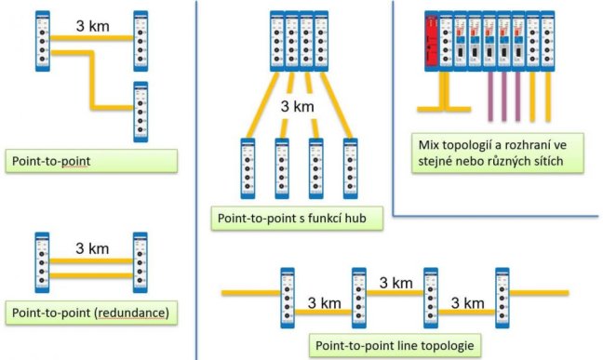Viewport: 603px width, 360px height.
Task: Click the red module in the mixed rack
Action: coord(432,41)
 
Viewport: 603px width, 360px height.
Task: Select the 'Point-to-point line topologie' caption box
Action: coord(395,345)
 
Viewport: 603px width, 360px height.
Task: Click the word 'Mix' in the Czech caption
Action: coord(428,145)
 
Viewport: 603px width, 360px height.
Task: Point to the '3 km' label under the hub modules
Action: coord(297,106)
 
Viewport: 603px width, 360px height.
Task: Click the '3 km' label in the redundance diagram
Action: coord(92,248)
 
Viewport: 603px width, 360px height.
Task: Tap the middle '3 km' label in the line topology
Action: coord(396,283)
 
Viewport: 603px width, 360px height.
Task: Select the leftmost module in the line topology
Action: coord(288,298)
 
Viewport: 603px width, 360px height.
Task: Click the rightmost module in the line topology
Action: coord(502,298)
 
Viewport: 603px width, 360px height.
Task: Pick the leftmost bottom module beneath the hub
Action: coord(248,168)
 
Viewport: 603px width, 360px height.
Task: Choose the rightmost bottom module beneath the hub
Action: coord(350,168)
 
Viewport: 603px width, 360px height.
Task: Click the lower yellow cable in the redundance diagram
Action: coord(91,275)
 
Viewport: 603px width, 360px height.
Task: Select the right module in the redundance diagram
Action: coord(140,262)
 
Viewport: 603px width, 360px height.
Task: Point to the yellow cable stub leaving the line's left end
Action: coord(251,293)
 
